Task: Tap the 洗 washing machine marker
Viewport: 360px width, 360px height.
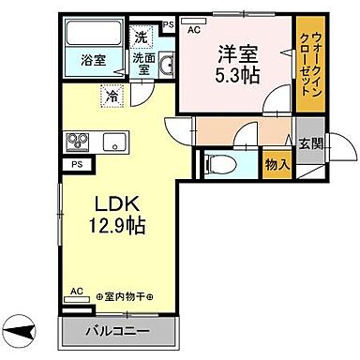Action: click(139, 39)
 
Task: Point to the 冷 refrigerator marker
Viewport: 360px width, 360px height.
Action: click(112, 95)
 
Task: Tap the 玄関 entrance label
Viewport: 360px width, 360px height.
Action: click(310, 143)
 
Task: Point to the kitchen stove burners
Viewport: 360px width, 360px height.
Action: click(76, 142)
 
